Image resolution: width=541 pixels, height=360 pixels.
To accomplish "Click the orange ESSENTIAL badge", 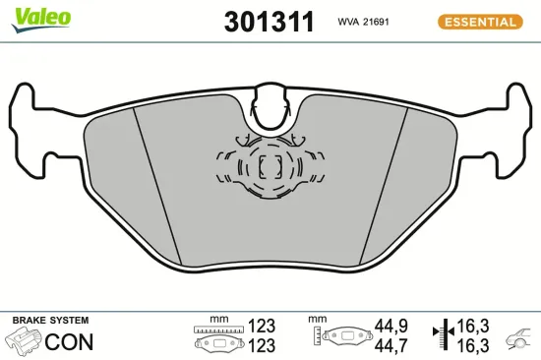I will click(x=479, y=21).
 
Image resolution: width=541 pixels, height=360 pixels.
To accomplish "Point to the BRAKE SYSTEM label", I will click(x=50, y=321).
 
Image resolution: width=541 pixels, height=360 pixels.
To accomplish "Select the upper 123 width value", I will click(x=262, y=326).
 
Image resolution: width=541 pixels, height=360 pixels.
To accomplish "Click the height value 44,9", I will click(x=391, y=326).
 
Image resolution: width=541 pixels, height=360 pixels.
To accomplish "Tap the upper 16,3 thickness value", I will click(x=472, y=326).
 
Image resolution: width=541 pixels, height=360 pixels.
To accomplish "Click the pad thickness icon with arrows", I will click(x=440, y=334).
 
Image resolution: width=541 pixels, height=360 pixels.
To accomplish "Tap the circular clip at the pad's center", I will click(x=268, y=167).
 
